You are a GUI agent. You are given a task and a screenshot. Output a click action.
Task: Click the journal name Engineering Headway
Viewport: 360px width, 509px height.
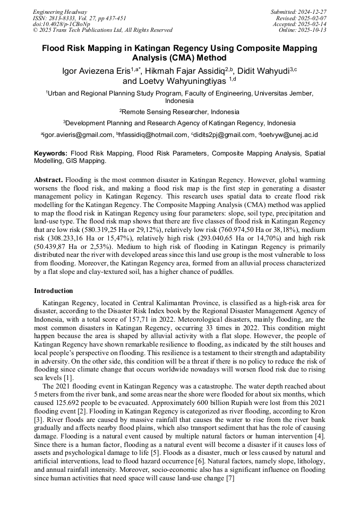click(60, 12)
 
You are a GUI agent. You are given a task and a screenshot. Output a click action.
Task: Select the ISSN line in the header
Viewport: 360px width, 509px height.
click(80, 18)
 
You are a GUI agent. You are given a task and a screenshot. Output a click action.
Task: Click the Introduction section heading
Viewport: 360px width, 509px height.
click(54, 291)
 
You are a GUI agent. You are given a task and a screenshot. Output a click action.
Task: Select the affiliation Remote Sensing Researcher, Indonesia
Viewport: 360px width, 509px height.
click(180, 112)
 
